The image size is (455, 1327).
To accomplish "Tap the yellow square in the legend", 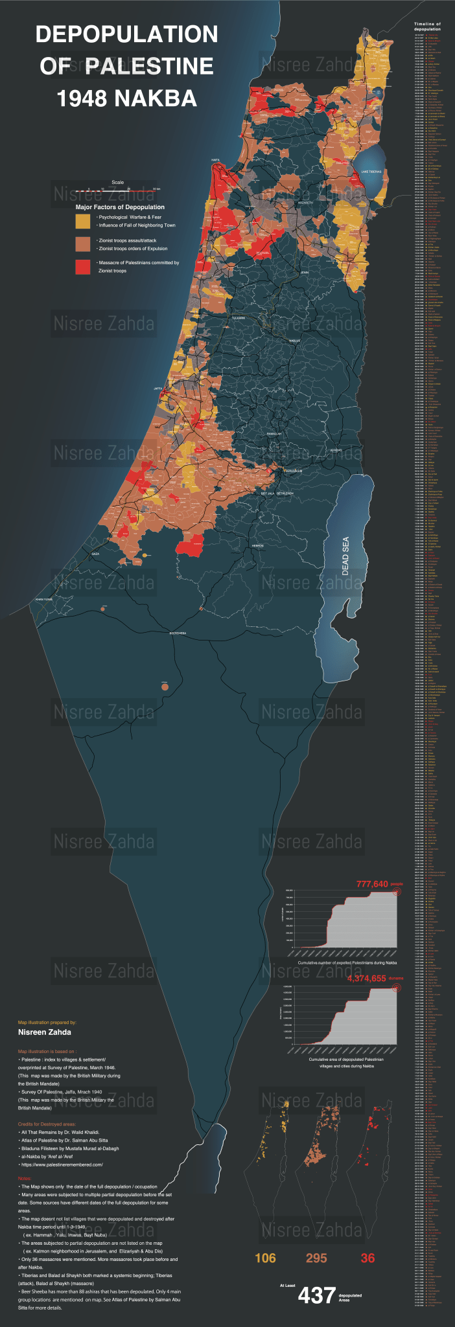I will coord(82,221).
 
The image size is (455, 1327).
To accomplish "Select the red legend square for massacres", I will coord(82,267).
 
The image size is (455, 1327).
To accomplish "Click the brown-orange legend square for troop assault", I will coord(82,244).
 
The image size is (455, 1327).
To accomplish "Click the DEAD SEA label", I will coord(345,556).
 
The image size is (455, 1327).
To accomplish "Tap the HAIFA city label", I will coord(215,160).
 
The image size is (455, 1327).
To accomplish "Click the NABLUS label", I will coord(295,340).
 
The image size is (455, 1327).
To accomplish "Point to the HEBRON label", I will coord(258,546).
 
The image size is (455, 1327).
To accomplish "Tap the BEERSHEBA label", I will coord(178,633).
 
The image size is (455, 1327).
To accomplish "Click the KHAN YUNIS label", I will coord(43,600).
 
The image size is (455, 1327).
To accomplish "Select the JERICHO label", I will coord(336,449).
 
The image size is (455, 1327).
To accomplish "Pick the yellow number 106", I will coord(265,1258).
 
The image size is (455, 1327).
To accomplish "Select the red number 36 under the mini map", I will coord(367,1258).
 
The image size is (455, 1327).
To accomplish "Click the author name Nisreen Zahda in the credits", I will coord(45,1032).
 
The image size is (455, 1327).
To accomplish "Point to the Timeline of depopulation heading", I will coord(427,27).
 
